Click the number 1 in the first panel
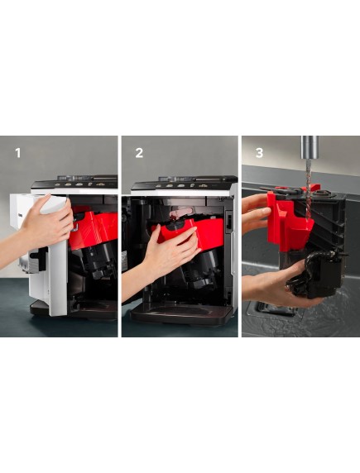click(x=18, y=153)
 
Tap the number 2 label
click(x=139, y=153)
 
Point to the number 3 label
click(x=259, y=153)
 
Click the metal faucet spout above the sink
click(x=310, y=147)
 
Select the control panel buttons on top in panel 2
click(x=181, y=185)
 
